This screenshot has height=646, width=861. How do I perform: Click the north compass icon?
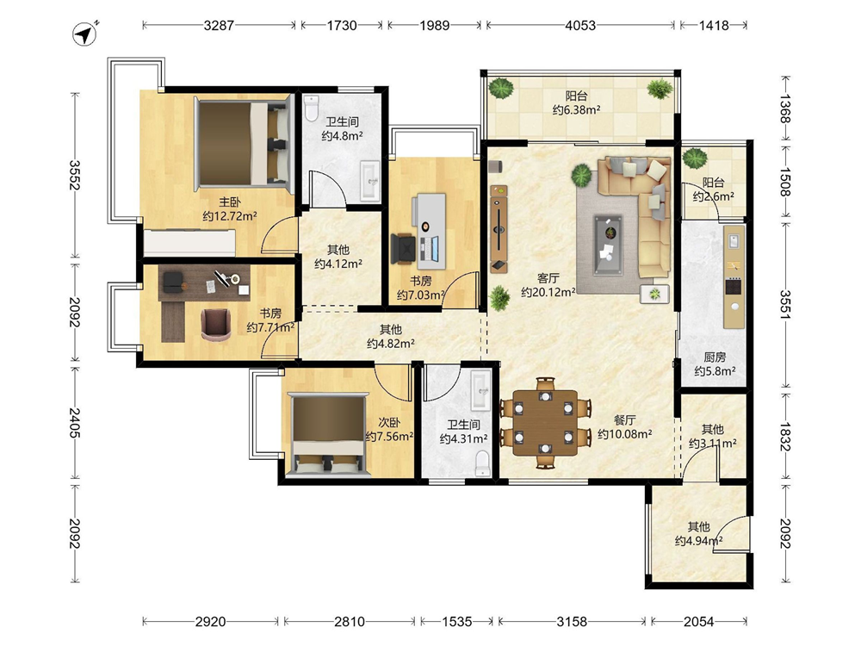(x=84, y=34)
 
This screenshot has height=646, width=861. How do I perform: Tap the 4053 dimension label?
(x=580, y=25)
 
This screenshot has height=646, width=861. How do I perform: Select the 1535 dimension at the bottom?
(x=457, y=621)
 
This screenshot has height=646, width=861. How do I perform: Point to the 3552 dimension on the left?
(x=74, y=175)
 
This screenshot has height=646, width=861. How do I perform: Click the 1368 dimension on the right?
(x=785, y=109)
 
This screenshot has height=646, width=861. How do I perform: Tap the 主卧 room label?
(x=230, y=202)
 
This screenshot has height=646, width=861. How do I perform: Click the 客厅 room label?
(x=548, y=278)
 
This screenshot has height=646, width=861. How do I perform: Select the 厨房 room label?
(x=715, y=357)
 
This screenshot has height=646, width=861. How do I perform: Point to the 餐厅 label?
(x=624, y=420)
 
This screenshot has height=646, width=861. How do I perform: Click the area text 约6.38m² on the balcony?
(x=576, y=110)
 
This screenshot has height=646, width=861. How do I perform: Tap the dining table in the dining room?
(x=545, y=422)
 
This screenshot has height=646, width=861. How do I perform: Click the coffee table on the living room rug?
(x=608, y=245)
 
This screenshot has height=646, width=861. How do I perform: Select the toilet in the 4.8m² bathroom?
(x=312, y=108)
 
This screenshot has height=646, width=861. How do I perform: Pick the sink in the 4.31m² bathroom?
(x=481, y=390)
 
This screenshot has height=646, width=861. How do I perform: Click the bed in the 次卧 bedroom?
(x=328, y=433)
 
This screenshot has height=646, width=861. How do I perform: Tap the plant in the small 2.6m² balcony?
(x=695, y=158)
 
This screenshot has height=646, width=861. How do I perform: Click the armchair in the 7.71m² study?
(x=216, y=324)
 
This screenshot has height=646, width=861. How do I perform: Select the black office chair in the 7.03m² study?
(x=405, y=248)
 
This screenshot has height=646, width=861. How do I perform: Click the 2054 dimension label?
(x=698, y=621)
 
